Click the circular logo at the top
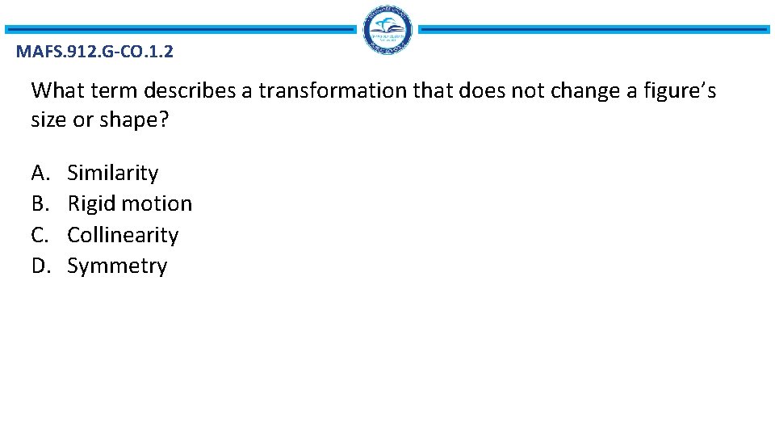387,30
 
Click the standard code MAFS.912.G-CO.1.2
94,53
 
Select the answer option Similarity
112,173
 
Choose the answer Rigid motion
129,203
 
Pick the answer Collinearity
123,235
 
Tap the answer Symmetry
117,266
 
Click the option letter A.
40,173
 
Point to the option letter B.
40,203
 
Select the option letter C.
40,235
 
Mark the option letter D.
40,266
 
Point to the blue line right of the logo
594,30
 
